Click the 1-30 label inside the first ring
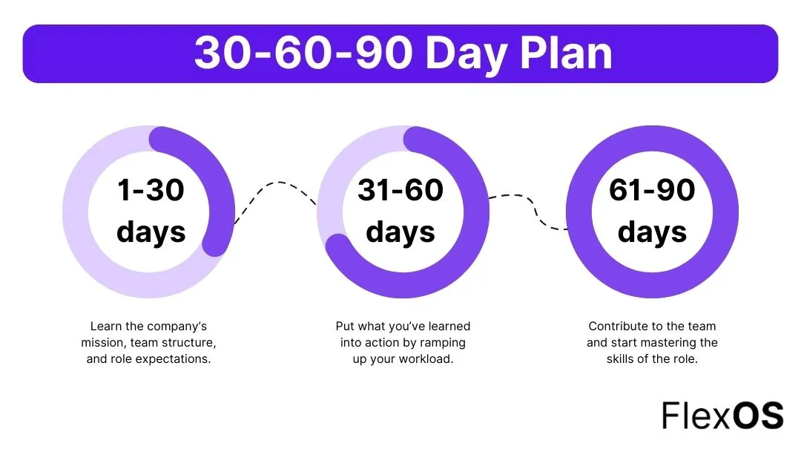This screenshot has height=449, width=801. (x=151, y=191)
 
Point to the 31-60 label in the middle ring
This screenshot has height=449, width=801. (x=400, y=191)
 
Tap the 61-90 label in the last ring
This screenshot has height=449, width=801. (x=652, y=191)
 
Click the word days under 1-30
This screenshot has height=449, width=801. (x=151, y=232)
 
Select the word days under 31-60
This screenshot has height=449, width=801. (x=400, y=232)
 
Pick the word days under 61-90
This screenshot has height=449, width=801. (x=652, y=232)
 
